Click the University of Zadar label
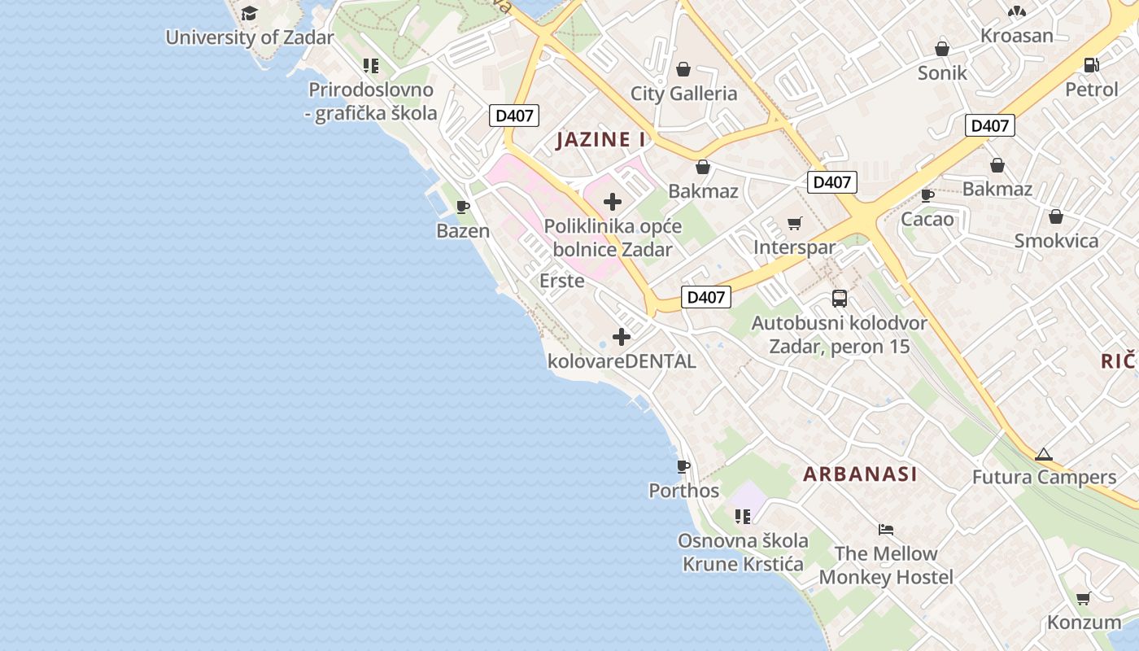[x=250, y=37]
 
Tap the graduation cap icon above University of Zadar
[x=249, y=13]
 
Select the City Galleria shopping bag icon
[x=683, y=69]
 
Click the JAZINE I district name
[x=601, y=139]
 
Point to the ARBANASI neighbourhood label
[x=860, y=474]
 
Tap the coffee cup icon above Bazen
[x=463, y=207]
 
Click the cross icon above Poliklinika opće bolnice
[x=613, y=202]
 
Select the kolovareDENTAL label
[x=622, y=360]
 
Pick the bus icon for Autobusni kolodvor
[x=839, y=299]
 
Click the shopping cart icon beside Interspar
[x=795, y=223]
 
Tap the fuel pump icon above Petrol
[x=1092, y=65]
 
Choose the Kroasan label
[x=1017, y=36]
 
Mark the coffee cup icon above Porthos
[x=683, y=466]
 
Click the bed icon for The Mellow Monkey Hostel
[x=886, y=530]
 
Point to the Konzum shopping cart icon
[x=1084, y=598]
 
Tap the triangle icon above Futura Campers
[x=1044, y=454]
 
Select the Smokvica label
[x=1056, y=241]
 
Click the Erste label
[x=562, y=281]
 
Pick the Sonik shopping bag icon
[x=942, y=49]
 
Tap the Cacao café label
[x=927, y=219]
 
